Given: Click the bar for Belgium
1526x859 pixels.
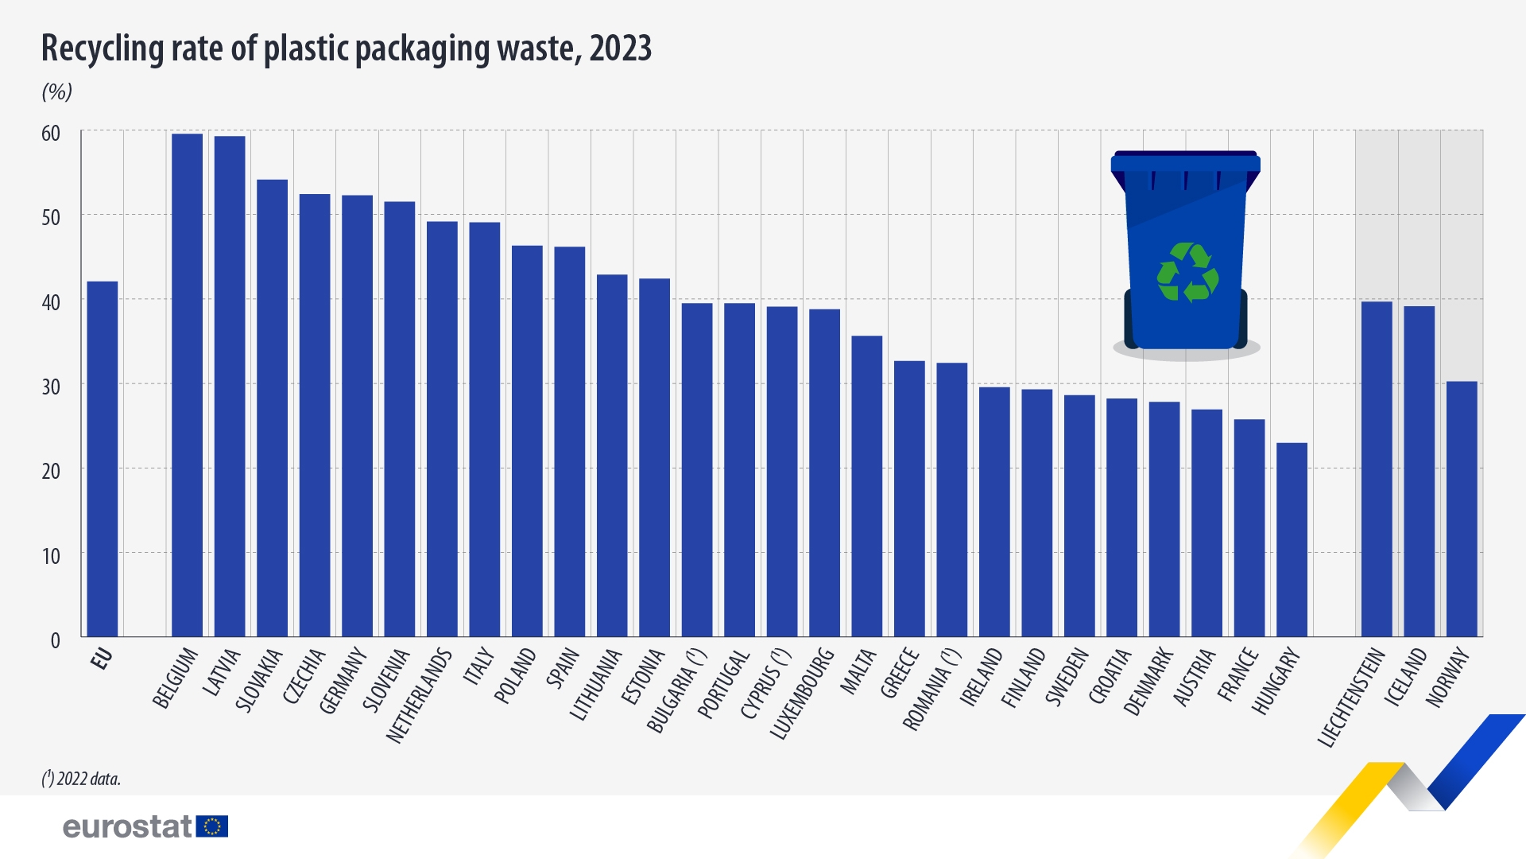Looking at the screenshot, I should (x=188, y=385).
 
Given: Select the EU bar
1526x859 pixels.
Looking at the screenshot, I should (x=103, y=459).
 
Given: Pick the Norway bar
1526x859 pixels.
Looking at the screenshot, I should (x=1462, y=509).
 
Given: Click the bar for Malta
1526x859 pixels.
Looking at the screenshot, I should (x=867, y=486).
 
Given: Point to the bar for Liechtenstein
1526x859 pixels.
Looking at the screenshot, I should (x=1377, y=469).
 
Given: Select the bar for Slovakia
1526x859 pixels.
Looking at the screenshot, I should (x=273, y=408).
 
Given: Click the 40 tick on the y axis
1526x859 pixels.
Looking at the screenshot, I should (x=51, y=302).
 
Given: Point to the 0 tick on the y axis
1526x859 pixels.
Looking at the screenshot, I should (x=55, y=640).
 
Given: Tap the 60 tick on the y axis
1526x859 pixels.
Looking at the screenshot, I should (x=51, y=134).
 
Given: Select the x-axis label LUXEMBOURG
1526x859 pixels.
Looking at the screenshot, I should (x=803, y=693).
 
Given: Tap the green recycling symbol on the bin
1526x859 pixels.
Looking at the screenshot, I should (x=1187, y=273).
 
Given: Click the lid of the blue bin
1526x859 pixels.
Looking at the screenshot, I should (x=1185, y=163).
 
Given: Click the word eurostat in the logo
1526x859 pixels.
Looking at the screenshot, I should (x=127, y=827).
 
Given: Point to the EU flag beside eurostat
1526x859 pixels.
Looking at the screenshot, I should (x=212, y=826).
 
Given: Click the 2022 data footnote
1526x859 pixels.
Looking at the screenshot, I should (x=81, y=779).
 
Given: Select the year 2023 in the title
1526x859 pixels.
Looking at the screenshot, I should (x=621, y=49).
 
